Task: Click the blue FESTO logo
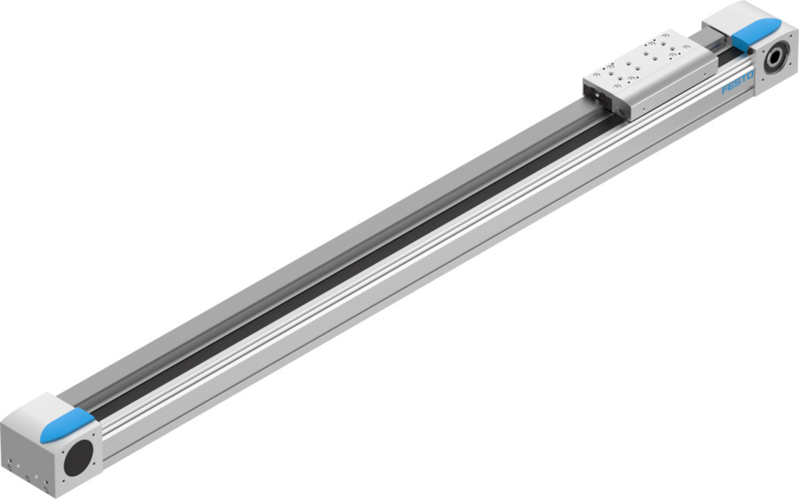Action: point(738,83)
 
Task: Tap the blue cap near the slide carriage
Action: point(756,32)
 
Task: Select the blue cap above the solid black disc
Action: point(67,424)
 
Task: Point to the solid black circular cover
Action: point(79,458)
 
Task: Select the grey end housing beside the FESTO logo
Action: point(749,46)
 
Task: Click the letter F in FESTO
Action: point(725,90)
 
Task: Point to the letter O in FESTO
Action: point(750,76)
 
